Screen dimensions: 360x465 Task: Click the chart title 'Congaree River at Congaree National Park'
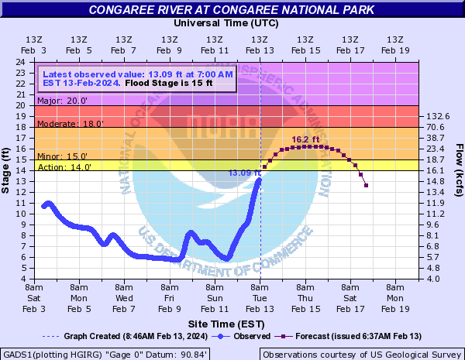[x=232, y=10]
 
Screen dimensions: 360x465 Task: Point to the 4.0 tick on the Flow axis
[x=434, y=279]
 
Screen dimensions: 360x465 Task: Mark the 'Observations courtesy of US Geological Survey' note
[x=360, y=353]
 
